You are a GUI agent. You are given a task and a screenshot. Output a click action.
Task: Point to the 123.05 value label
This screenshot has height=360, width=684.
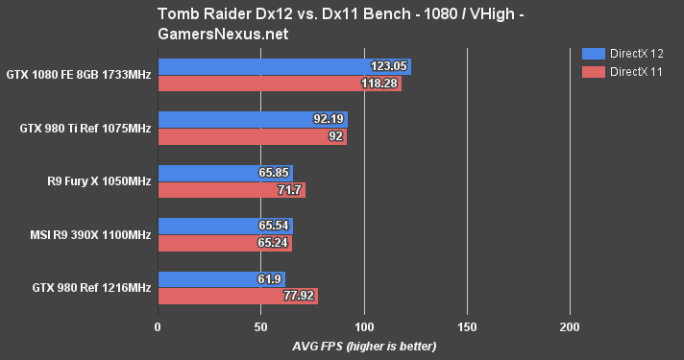tap(389, 66)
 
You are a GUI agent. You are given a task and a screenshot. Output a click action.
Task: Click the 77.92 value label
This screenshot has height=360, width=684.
tap(298, 296)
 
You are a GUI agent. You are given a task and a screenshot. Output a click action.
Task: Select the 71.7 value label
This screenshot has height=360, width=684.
tap(289, 190)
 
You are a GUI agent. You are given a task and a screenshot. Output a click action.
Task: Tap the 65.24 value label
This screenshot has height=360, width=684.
tap(274, 243)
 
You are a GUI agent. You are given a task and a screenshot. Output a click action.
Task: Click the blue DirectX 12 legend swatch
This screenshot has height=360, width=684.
tap(587, 53)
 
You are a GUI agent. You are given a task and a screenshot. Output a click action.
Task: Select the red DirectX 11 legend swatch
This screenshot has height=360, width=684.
tap(587, 70)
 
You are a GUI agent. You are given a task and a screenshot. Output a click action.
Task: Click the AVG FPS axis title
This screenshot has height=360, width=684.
tap(363, 346)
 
